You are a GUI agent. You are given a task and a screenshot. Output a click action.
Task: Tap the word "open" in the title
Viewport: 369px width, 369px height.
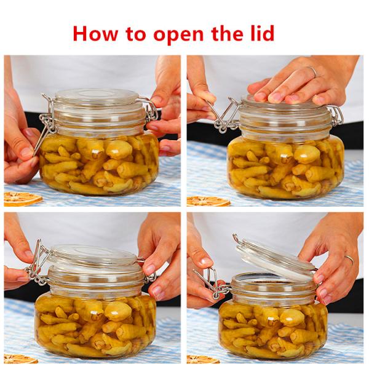coord(178,36)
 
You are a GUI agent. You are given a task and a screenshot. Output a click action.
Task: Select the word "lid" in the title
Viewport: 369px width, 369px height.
coord(262,33)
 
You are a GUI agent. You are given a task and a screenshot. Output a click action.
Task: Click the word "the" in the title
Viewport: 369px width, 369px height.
coord(228,34)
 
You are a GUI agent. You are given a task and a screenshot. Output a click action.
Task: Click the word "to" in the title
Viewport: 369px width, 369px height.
coord(135,34)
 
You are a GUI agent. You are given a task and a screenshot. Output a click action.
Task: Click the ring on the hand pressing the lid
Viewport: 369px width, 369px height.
coord(312,71)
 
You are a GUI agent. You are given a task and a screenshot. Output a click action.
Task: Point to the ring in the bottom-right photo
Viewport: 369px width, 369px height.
coord(349,260)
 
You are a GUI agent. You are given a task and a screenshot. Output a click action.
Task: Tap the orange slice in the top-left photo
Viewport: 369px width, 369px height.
coord(22,199)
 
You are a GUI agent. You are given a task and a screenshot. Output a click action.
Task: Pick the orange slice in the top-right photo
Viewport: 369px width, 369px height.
coord(208,202)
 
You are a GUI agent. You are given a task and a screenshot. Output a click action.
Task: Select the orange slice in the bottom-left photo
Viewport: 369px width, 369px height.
coord(20,359)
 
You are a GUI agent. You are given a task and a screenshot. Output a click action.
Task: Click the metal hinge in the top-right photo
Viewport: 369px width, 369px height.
coord(336,116)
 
